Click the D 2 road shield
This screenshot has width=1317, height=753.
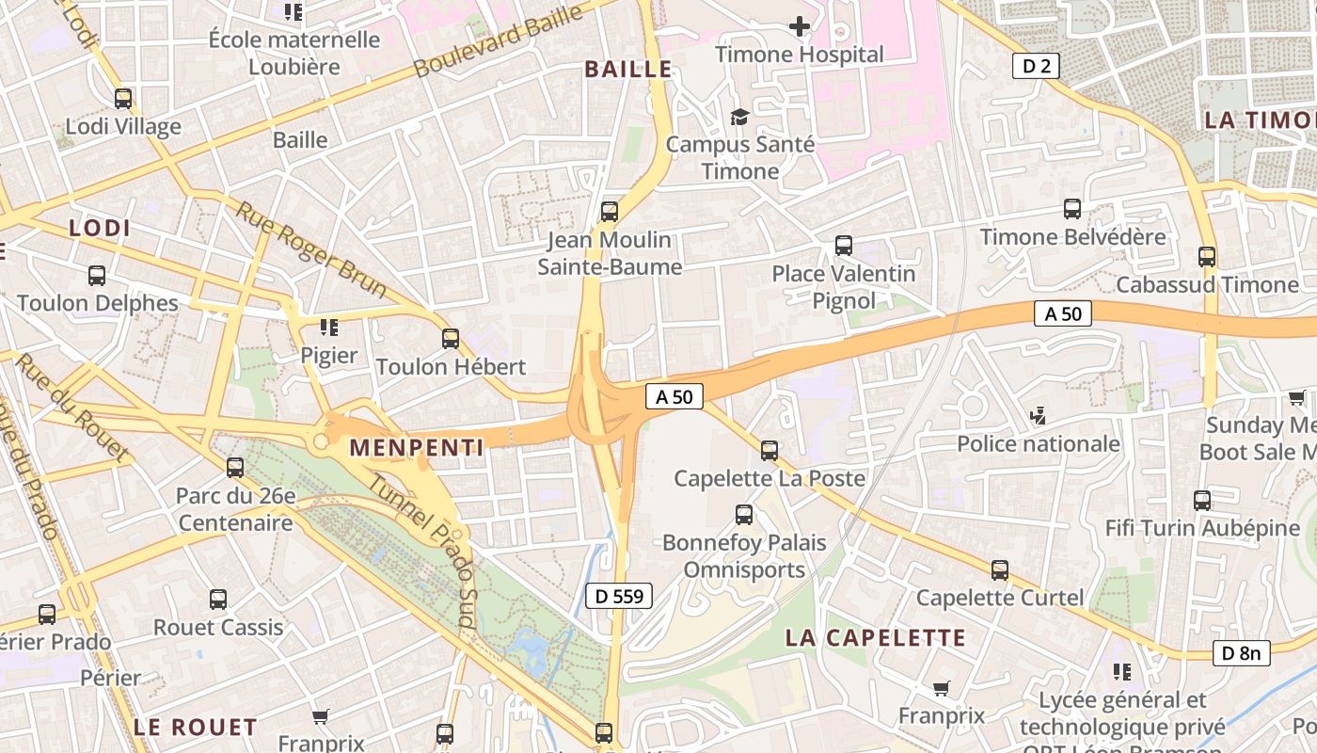tap(1037, 66)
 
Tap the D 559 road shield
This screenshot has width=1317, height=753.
tap(618, 595)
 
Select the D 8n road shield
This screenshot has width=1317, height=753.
tap(1241, 652)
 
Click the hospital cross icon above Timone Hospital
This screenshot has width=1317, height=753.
tap(800, 26)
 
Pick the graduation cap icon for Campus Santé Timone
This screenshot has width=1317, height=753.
tap(740, 118)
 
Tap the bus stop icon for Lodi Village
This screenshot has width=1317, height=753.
tap(123, 99)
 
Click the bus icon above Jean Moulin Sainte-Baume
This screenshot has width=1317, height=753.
tap(610, 212)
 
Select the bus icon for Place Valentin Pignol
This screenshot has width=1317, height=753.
tap(844, 246)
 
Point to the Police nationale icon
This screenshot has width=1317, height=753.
tap(1039, 415)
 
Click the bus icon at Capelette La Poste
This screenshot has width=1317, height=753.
tap(770, 451)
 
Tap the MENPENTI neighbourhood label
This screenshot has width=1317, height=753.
tap(417, 447)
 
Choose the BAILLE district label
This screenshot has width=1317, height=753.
tap(628, 69)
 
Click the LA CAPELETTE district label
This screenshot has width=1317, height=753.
tap(876, 638)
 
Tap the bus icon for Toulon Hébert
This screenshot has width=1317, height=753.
tap(451, 339)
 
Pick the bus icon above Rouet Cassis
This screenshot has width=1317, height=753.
tap(218, 600)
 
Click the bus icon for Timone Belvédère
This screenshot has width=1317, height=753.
tap(1072, 209)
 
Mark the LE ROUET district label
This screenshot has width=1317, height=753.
tap(195, 727)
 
